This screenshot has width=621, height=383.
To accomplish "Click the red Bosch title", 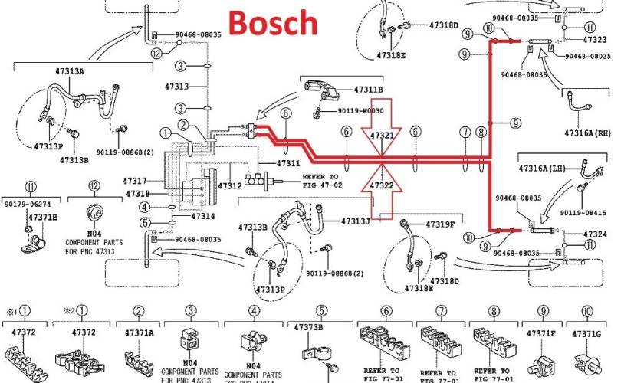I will tap(273, 22).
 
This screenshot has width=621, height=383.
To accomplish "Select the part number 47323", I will tap(595, 38).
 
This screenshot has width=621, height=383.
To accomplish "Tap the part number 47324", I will tap(595, 234).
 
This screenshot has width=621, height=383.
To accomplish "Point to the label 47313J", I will tap(356, 222).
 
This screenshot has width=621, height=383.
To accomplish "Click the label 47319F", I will tap(440, 224).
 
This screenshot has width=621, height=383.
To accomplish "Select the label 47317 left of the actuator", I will tap(134, 181).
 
